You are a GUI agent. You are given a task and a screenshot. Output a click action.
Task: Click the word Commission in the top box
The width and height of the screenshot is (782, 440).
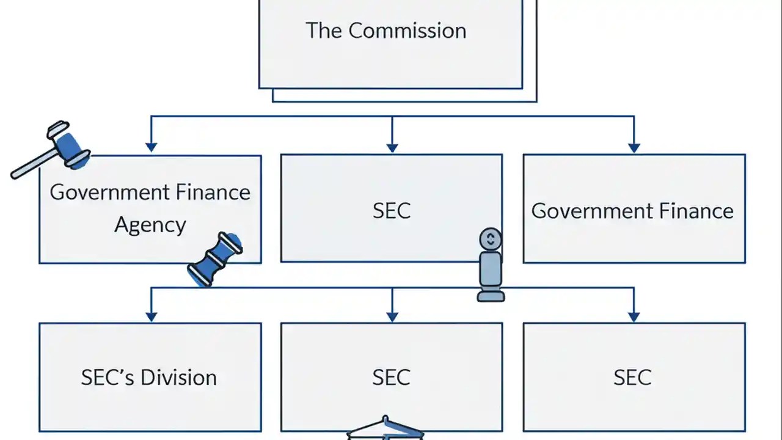click(407, 31)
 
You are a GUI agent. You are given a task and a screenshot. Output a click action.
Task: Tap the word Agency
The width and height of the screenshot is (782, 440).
click(150, 226)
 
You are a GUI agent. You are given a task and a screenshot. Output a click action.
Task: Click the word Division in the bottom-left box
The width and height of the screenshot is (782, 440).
click(178, 377)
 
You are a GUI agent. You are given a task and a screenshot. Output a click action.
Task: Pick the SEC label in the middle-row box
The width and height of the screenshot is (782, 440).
click(392, 211)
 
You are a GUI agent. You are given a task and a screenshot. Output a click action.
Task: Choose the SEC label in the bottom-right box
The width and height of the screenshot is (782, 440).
click(632, 377)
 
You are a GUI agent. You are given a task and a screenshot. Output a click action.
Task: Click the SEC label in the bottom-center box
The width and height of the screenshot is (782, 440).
click(392, 377)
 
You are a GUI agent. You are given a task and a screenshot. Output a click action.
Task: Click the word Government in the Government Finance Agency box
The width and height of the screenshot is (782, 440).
click(108, 192)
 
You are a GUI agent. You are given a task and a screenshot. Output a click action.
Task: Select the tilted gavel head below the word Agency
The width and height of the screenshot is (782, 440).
click(215, 259)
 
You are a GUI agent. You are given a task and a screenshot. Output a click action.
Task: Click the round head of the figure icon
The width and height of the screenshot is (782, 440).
click(491, 239)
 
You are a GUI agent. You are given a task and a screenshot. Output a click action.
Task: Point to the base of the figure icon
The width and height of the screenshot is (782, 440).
click(491, 296)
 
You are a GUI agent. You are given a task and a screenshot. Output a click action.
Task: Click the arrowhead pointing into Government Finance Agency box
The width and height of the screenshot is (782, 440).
click(151, 147)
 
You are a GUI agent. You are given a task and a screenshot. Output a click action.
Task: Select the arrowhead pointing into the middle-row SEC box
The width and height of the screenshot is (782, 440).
click(392, 147)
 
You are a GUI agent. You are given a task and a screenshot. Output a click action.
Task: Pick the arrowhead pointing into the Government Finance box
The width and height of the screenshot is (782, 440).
click(634, 147)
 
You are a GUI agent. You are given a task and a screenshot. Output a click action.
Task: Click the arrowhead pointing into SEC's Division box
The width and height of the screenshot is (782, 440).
click(151, 316)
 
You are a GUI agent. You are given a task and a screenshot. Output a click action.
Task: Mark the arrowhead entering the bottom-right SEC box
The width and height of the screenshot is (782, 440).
click(634, 316)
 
